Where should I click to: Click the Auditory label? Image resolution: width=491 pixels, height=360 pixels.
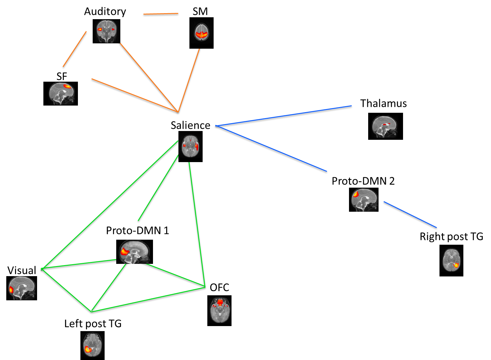pos(105,12)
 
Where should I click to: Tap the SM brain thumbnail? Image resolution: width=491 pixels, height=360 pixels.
pos(201,33)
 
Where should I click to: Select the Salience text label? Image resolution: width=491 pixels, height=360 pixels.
pos(190,125)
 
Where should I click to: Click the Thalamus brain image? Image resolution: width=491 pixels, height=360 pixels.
pos(385,126)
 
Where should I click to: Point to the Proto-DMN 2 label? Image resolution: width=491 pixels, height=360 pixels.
pos(363,181)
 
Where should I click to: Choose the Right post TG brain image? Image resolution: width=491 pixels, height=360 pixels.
pos(451,261)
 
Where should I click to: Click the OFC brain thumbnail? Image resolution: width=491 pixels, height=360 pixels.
pos(219,310)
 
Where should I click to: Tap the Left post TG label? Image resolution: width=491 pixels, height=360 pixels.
pos(93,324)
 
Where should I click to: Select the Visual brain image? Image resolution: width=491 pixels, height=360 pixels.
pos(22,288)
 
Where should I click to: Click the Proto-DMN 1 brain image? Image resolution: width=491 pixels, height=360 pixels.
pos(134,252)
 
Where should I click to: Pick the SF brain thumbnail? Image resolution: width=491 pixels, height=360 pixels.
pos(61,94)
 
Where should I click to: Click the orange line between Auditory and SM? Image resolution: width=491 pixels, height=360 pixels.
pos(161,14)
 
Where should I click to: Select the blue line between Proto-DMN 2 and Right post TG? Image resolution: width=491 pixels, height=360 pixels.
pos(410,215)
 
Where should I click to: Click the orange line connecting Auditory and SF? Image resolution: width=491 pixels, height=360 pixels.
pos(75,49)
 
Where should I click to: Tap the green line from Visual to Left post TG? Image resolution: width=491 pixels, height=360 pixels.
pos(66,290)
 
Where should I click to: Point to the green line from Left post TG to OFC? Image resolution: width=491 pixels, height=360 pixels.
pos(148,300)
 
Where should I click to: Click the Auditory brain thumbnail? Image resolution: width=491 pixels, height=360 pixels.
pos(106,31)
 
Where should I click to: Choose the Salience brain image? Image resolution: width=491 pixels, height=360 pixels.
pos(190,147)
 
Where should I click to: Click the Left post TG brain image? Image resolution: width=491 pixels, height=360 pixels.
pos(92,346)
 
